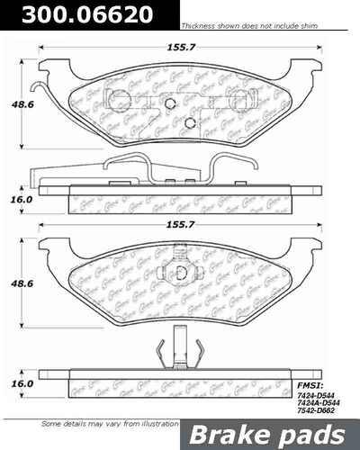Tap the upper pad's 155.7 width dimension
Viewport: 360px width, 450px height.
189,41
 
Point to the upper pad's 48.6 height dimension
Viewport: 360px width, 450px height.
18,104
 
